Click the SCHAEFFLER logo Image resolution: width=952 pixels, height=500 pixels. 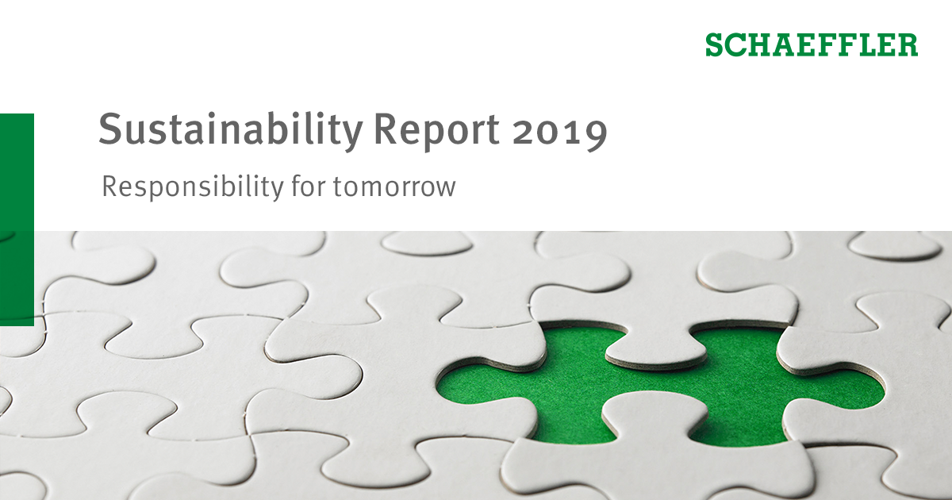coord(811,44)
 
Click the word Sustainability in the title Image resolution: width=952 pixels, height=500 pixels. coord(230,130)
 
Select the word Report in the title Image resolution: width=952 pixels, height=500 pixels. coord(437,130)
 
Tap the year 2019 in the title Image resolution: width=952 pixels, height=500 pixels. coord(559,130)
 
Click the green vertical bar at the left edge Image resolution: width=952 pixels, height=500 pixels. coord(17,218)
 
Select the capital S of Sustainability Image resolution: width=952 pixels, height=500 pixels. coord(109,129)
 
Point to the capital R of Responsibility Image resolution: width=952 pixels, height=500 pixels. coord(109,187)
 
